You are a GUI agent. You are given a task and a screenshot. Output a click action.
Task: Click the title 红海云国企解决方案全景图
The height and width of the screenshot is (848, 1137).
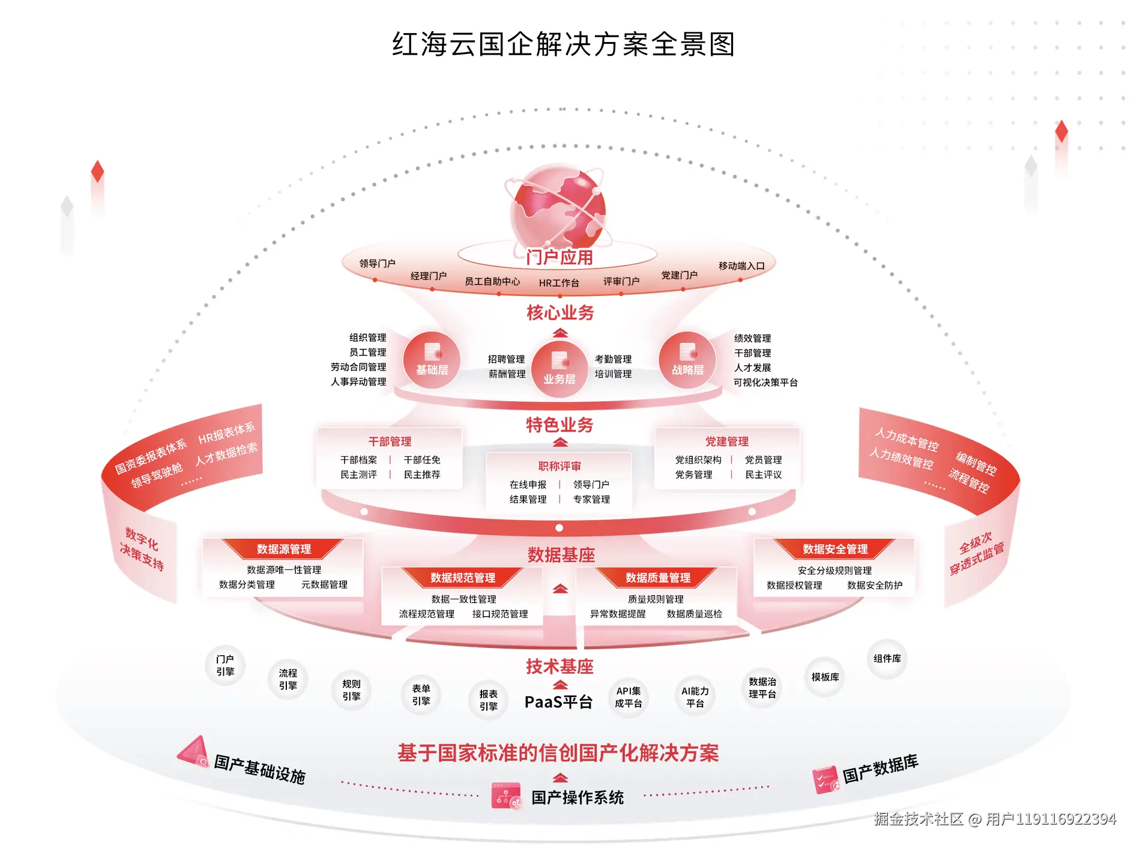563,44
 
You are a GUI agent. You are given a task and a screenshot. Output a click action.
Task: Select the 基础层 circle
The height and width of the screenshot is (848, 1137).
432,360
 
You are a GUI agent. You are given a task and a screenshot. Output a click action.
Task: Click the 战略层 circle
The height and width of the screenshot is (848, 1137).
687,360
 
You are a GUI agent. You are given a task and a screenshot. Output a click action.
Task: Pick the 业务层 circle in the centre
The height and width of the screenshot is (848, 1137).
559,368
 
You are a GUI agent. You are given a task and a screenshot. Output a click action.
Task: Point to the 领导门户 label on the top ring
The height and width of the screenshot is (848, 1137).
377,264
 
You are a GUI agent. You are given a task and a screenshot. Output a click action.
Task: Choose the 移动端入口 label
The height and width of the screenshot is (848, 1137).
741,266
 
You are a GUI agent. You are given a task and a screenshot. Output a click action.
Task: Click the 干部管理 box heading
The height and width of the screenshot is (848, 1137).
390,441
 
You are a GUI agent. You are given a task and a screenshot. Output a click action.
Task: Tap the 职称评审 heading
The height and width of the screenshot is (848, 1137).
559,466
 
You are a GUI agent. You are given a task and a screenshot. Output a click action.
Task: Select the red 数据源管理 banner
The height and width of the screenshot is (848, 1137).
283,549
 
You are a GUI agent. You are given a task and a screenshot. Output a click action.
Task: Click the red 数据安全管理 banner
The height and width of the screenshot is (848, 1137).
835,549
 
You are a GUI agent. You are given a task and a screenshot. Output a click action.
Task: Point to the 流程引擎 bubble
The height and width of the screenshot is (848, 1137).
288,679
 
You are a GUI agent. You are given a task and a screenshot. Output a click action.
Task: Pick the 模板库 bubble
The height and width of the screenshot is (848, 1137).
825,677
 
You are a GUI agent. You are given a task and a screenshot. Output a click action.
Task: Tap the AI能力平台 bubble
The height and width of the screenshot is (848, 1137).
695,697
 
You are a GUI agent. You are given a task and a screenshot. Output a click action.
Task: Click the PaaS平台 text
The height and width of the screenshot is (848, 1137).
558,702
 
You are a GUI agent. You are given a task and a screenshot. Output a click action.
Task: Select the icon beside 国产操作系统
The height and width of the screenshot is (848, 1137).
505,796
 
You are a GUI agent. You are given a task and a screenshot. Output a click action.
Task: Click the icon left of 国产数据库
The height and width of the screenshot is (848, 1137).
825,780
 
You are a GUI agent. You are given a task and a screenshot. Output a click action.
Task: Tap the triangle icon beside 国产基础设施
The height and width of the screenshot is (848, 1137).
193,751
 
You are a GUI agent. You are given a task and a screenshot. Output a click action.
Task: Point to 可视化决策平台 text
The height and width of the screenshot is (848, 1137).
765,383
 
